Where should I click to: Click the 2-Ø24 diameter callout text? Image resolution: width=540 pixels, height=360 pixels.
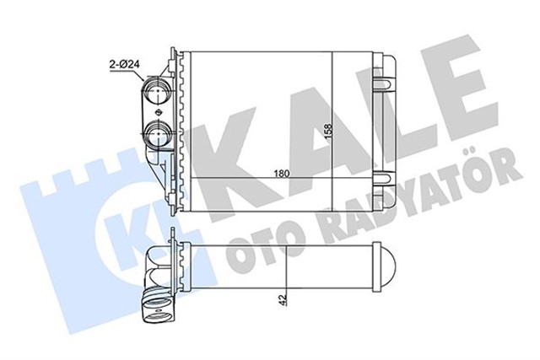click(x=124, y=64)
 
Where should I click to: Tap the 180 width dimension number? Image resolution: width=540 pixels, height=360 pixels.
click(x=281, y=174)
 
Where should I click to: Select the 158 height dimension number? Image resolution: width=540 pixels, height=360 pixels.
click(x=328, y=132)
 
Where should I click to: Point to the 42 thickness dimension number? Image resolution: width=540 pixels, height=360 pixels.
click(x=283, y=298)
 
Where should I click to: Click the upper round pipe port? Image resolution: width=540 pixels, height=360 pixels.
click(x=157, y=89)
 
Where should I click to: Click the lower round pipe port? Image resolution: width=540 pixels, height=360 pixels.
click(x=157, y=134)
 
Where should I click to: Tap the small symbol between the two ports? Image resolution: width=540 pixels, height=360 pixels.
click(x=159, y=112)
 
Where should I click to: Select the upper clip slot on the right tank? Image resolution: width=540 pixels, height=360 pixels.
click(x=385, y=84)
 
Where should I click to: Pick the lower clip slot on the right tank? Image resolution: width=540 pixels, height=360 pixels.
click(x=385, y=178)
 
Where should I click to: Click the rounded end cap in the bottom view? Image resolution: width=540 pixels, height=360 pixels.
click(x=385, y=267)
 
